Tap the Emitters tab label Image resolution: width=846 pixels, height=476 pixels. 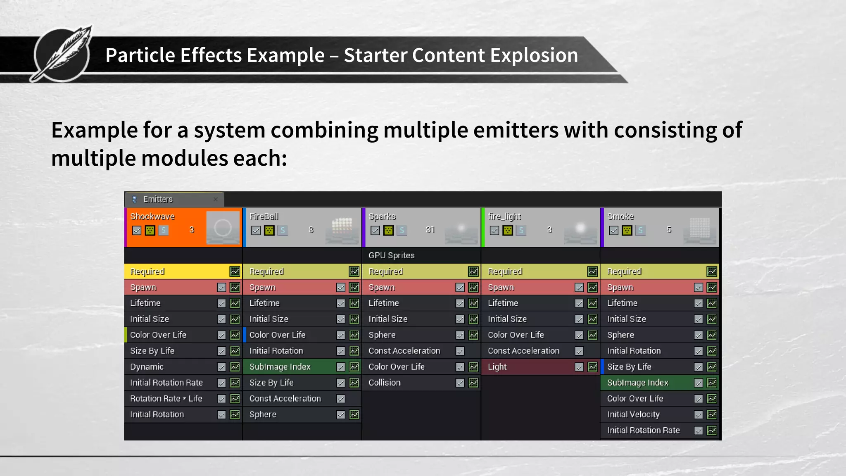click(158, 199)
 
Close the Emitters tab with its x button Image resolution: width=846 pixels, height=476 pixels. click(216, 199)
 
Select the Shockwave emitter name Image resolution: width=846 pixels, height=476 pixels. click(152, 217)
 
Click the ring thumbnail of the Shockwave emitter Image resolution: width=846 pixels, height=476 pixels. click(223, 228)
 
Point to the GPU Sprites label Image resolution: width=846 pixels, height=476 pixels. click(391, 255)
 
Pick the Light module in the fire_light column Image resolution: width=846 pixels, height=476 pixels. click(497, 367)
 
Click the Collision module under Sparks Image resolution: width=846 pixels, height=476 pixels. click(384, 383)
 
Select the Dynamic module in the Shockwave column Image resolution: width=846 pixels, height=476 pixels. click(147, 367)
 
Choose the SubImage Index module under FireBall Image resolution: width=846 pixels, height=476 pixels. click(280, 367)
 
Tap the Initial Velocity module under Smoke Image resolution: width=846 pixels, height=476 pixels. click(633, 414)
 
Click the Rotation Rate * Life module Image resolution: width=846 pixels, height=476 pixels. click(166, 399)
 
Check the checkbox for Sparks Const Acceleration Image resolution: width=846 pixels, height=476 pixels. click(460, 351)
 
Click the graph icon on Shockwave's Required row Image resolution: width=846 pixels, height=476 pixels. click(235, 271)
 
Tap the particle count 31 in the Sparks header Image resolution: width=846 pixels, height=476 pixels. click(430, 230)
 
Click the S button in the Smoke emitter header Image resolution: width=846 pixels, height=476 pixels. click(640, 230)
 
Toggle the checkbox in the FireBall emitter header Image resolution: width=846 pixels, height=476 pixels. click(256, 230)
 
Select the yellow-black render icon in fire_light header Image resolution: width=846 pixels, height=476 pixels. click(508, 230)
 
